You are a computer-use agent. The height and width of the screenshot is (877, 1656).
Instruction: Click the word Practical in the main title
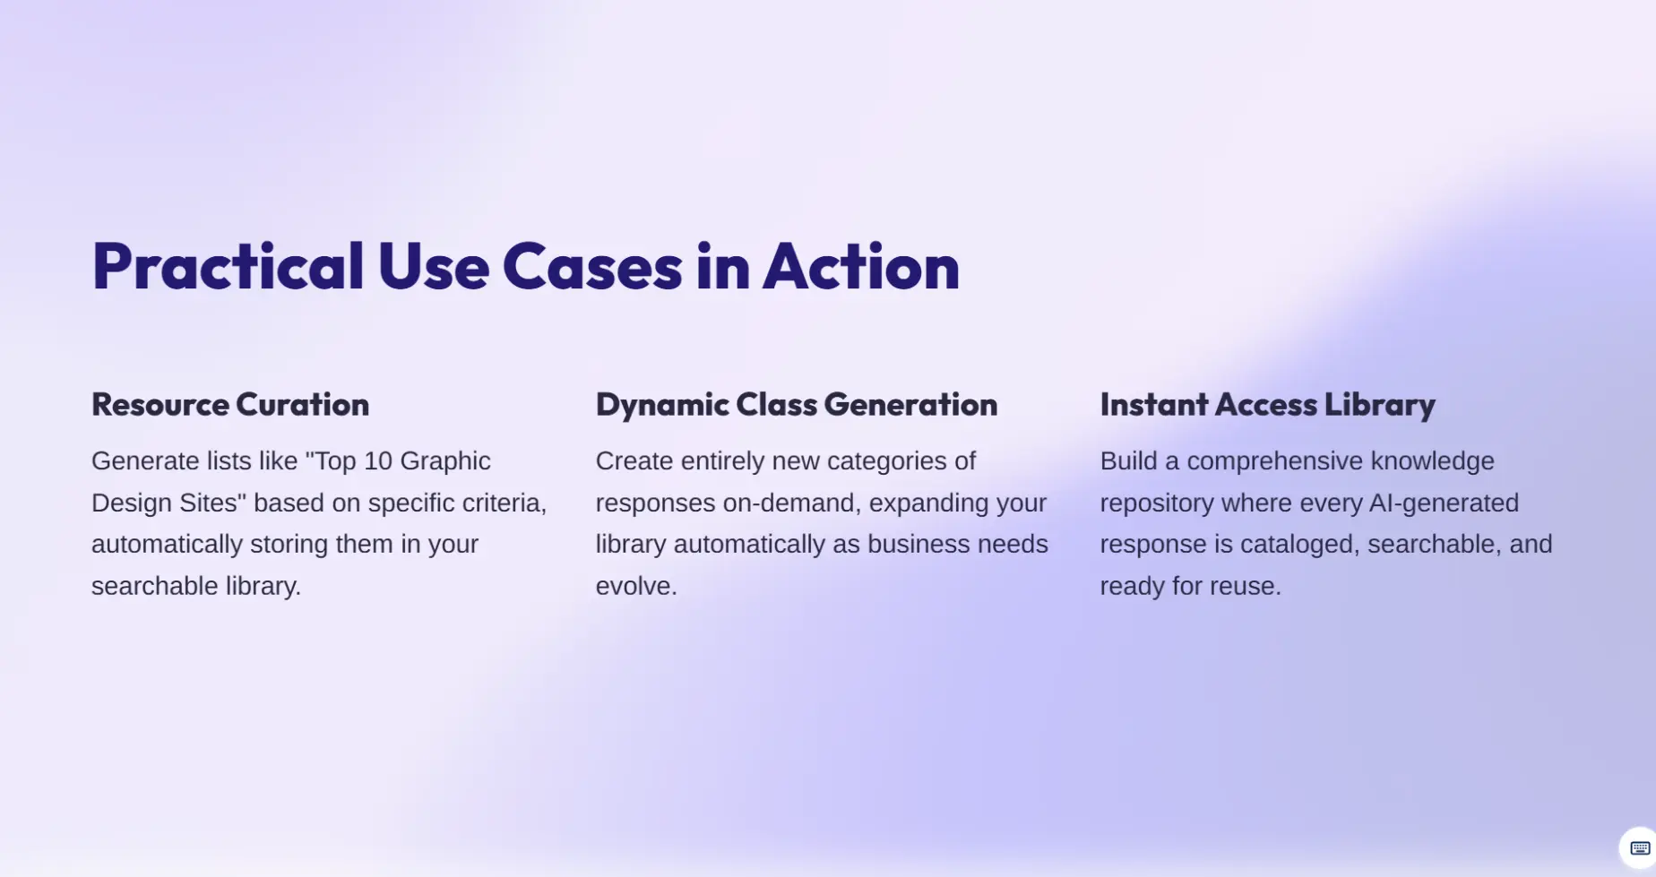pos(228,266)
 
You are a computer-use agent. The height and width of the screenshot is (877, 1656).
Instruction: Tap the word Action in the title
pos(861,266)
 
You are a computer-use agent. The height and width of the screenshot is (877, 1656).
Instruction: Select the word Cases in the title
pos(591,266)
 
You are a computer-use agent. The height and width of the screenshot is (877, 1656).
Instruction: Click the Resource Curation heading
pos(230,404)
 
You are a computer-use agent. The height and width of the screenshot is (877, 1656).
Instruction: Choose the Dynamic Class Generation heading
pos(797,405)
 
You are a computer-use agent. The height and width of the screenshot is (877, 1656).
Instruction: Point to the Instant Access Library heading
pos(1267,405)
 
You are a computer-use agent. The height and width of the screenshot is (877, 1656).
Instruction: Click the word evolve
pos(636,587)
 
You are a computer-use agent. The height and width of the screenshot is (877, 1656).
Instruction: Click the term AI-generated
pos(1444,503)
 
